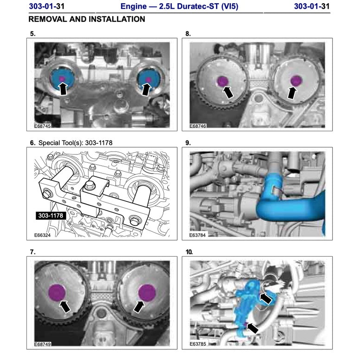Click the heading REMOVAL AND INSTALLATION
87,19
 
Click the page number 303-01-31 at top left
46,6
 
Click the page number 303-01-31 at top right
312,6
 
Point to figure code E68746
199,126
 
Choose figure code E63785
199,345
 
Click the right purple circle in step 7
147,292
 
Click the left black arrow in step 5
64,89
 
